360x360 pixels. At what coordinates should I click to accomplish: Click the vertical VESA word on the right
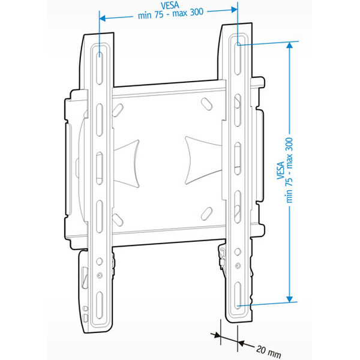[281, 172]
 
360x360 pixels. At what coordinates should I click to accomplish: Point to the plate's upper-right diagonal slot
[206, 103]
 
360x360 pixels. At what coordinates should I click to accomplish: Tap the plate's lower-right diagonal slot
[207, 212]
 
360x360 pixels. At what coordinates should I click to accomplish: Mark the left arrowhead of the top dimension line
[103, 17]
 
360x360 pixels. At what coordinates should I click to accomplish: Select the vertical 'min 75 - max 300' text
[290, 172]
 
